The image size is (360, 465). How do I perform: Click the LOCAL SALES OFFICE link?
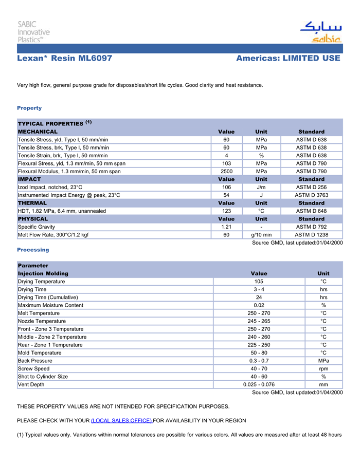[121, 421]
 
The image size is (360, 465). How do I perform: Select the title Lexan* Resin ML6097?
[65, 59]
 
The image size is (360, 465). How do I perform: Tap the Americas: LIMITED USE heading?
[288, 59]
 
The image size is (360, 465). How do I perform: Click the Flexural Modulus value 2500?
[226, 171]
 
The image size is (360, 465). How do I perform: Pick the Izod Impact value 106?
[226, 188]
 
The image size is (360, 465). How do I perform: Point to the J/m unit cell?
[261, 188]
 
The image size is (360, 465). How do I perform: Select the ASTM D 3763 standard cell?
[311, 195]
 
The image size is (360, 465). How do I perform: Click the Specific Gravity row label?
[37, 227]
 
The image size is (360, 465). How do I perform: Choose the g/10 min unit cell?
[261, 235]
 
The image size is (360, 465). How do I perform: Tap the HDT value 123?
[226, 211]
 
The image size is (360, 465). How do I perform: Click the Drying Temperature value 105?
[259, 282]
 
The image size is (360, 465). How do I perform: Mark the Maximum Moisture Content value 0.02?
[259, 305]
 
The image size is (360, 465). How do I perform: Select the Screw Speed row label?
[34, 368]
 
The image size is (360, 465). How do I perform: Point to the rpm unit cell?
[323, 368]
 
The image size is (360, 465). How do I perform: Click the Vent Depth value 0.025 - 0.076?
[259, 384]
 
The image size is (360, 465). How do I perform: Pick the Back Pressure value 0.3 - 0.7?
[259, 361]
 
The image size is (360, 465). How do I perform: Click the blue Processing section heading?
[33, 250]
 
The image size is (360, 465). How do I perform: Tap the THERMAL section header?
[32, 203]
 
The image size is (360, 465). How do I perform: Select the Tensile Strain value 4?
[226, 156]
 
